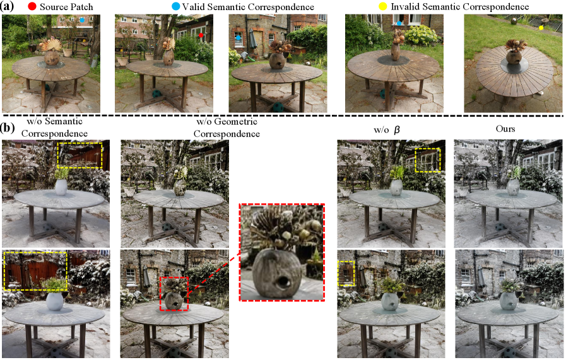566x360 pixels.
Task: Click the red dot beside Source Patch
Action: pyautogui.click(x=32, y=6)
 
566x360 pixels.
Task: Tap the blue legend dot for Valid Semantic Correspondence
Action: pyautogui.click(x=175, y=6)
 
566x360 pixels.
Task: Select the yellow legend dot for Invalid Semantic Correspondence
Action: pyautogui.click(x=382, y=6)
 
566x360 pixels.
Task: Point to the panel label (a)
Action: pyautogui.click(x=7, y=6)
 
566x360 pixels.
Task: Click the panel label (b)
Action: pyautogui.click(x=7, y=127)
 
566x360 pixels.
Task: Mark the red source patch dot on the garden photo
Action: pyautogui.click(x=201, y=35)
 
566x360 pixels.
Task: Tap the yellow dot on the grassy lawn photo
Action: pyautogui.click(x=541, y=27)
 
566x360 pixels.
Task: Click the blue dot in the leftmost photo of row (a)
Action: pyautogui.click(x=82, y=20)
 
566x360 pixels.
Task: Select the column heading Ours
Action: pyautogui.click(x=505, y=129)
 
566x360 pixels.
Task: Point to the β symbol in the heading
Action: pyautogui.click(x=397, y=130)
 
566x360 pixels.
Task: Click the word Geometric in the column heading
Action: pyautogui.click(x=236, y=121)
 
